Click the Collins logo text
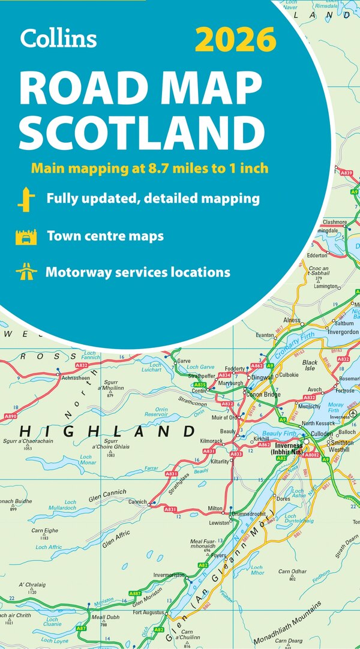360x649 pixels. [58, 38]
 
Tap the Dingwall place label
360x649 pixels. [262, 377]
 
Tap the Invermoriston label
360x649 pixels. [170, 575]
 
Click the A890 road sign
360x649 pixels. [10, 415]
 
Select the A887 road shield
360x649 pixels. [136, 593]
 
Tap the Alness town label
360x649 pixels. [292, 320]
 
